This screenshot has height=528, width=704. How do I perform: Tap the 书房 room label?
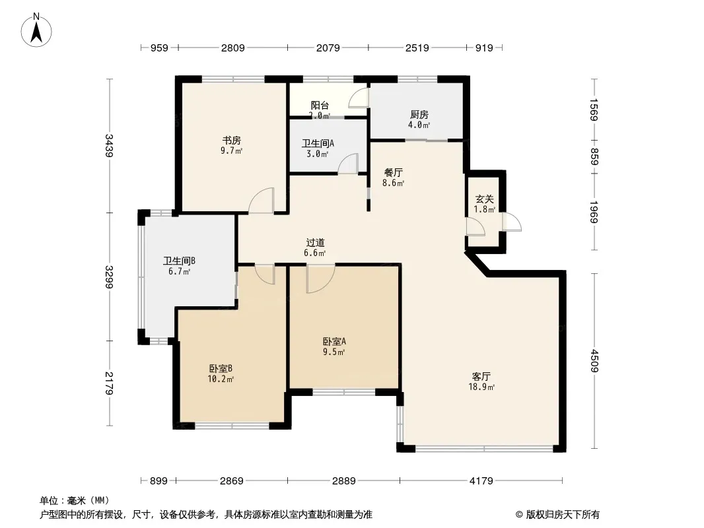tap(232, 141)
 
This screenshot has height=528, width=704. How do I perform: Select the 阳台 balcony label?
tap(320, 106)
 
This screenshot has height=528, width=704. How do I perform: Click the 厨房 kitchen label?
tap(419, 115)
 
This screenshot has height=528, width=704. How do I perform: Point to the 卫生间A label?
tap(318, 144)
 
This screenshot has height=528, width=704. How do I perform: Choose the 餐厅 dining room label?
tap(394, 172)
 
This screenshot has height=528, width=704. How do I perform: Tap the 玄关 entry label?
tap(485, 199)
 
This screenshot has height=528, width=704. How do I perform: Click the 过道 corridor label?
tap(315, 243)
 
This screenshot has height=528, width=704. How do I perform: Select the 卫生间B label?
tap(179, 261)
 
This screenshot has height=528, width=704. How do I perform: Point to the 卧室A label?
tap(334, 341)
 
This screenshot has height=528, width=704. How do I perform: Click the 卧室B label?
tap(221, 369)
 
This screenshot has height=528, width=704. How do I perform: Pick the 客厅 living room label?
tap(481, 376)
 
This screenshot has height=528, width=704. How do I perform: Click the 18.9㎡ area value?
tap(481, 387)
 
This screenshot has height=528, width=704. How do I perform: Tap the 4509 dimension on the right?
tap(594, 360)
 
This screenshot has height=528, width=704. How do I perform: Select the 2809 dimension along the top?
tap(233, 48)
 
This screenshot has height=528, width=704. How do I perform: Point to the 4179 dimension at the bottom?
tap(481, 481)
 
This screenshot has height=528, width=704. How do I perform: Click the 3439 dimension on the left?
tap(109, 145)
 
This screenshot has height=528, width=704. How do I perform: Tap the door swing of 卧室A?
tap(320, 279)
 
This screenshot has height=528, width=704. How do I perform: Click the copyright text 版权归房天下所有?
tap(563, 515)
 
